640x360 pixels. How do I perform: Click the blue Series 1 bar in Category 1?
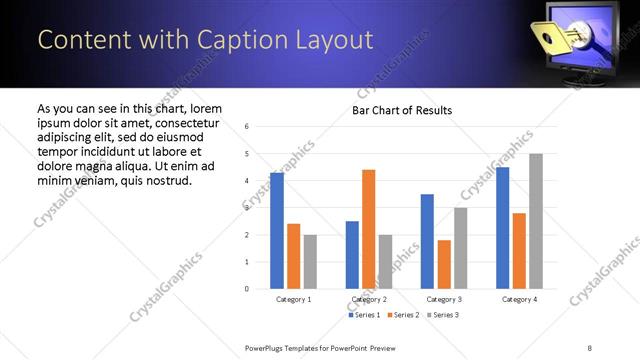coord(277,231)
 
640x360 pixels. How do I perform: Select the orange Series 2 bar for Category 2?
coord(369,229)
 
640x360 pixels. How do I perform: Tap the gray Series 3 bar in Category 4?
coord(536,221)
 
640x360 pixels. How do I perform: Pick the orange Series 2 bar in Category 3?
coord(444,265)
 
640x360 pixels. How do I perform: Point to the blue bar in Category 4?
coord(502,228)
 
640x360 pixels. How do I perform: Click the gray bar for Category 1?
coord(310,262)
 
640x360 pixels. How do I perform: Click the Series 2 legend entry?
coord(404,315)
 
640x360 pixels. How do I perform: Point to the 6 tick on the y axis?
coord(247,127)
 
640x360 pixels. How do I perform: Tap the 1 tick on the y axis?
coord(247,262)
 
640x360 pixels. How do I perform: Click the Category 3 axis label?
coord(444,299)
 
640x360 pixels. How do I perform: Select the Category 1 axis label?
coord(293,299)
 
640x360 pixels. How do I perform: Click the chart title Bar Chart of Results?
coord(402,110)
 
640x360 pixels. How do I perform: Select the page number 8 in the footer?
coord(590,347)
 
